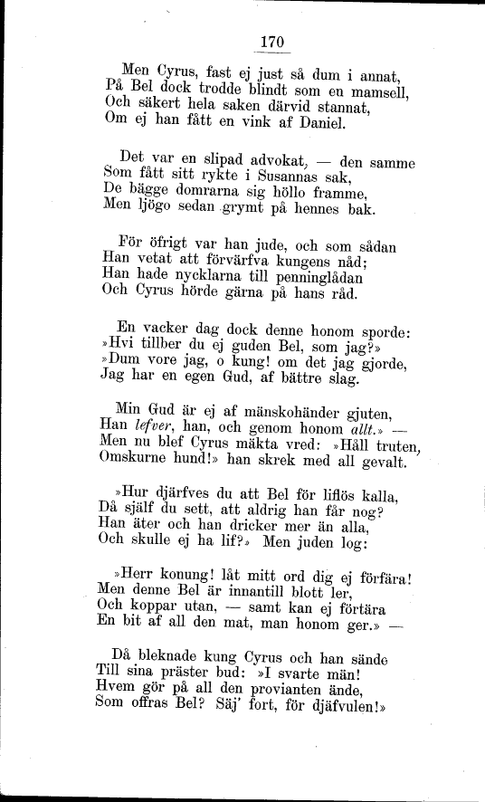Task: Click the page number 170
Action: [271, 41]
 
